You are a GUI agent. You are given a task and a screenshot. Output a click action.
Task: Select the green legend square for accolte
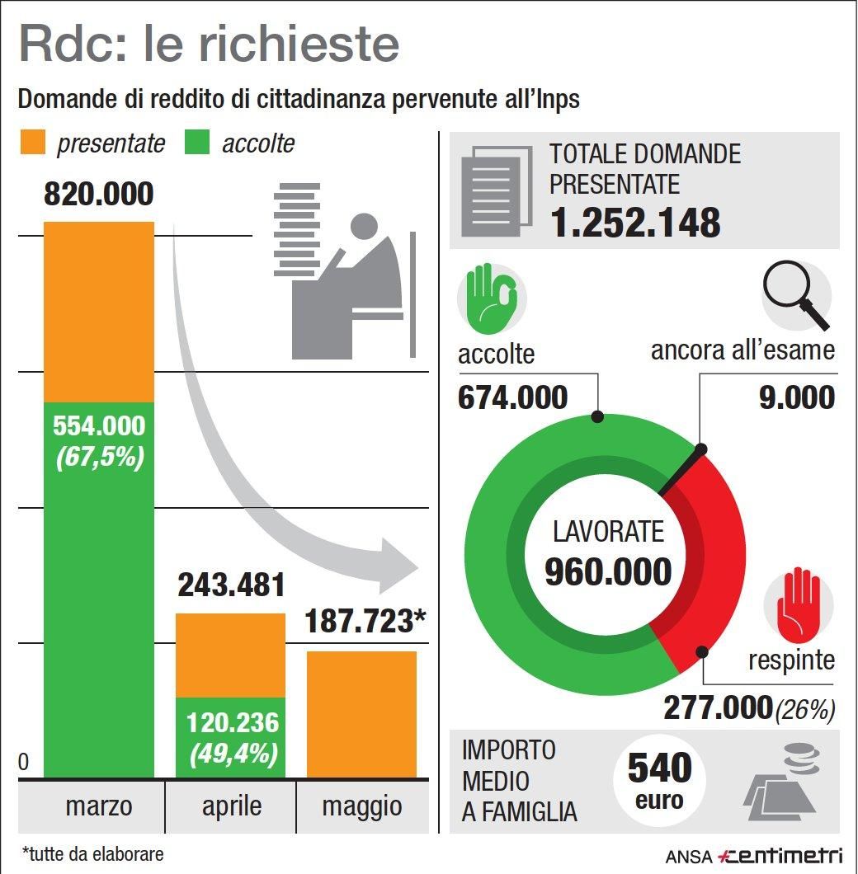point(197,143)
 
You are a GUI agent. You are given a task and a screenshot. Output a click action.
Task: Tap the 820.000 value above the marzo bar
point(99,195)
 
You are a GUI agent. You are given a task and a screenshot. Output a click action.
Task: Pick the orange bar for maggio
point(361,713)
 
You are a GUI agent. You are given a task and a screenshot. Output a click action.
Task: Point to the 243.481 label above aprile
point(231,585)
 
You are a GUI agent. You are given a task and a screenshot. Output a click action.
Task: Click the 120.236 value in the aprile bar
point(232,723)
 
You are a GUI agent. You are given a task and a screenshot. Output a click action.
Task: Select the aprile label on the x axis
point(231,805)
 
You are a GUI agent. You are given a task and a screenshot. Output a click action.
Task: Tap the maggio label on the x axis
point(362,805)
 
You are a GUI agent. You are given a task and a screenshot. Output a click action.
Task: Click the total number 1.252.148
point(635,223)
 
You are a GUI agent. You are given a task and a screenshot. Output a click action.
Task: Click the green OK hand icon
point(491,298)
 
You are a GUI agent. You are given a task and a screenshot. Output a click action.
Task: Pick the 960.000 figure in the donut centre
point(608,571)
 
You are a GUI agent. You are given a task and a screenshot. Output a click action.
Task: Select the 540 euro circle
point(659,780)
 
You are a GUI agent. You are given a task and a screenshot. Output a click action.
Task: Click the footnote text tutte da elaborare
point(92,853)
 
